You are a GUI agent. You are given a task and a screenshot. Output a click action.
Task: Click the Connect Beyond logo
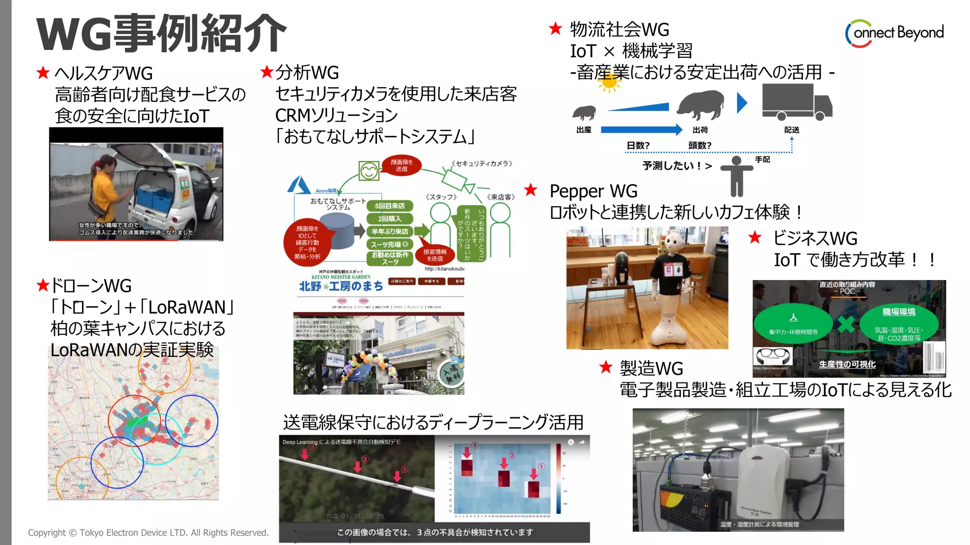(x=894, y=33)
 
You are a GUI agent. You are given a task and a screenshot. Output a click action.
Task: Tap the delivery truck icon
(x=797, y=102)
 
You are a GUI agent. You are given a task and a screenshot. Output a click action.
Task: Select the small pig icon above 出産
(x=584, y=113)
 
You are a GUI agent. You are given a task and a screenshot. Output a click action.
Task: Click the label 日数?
(x=638, y=145)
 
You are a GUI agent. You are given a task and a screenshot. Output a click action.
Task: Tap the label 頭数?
(x=700, y=145)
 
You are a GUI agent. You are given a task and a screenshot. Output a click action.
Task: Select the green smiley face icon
(x=368, y=171)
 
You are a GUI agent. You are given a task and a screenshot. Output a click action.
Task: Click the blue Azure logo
(x=299, y=185)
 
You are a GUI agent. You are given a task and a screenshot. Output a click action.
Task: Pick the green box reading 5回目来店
(x=389, y=206)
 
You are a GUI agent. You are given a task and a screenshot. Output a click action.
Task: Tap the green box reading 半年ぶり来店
(x=389, y=231)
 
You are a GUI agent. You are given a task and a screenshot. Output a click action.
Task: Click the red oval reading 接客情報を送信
(x=435, y=255)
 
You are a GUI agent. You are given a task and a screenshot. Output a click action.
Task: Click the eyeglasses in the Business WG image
(x=772, y=355)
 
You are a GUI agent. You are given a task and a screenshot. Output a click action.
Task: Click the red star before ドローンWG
(x=43, y=285)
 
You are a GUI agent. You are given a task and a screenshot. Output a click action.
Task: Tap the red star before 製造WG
(x=606, y=367)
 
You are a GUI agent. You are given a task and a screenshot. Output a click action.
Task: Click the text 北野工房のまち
(x=341, y=286)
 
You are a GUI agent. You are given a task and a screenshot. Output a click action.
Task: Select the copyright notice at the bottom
(x=148, y=533)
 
